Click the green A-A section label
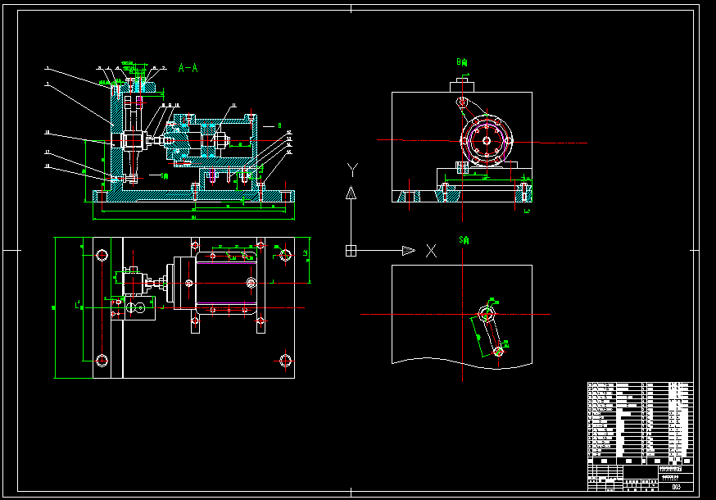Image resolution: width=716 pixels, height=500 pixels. [x=188, y=69]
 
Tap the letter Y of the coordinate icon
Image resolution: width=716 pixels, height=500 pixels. [x=352, y=170]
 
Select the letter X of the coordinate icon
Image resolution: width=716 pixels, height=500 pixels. [x=432, y=251]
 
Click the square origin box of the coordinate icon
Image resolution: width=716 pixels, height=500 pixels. [x=351, y=250]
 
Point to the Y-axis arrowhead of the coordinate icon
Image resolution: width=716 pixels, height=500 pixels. [x=351, y=193]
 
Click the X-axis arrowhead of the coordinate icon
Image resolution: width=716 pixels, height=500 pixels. [x=409, y=250]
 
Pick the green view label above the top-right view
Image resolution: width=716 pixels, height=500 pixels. [x=463, y=61]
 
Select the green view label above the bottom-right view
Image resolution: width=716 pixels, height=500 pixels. [x=464, y=240]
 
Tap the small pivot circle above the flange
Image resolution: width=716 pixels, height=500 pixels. [x=462, y=102]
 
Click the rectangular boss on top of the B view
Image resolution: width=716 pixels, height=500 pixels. [x=462, y=84]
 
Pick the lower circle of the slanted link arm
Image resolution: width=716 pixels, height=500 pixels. [x=499, y=350]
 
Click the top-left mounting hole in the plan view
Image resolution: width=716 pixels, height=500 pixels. [x=102, y=254]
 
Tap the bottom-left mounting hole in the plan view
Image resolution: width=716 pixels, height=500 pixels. [x=102, y=360]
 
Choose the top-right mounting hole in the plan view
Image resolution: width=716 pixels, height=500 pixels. [x=285, y=255]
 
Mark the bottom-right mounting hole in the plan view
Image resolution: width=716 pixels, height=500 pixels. [x=285, y=360]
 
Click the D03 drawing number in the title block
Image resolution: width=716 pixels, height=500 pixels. [x=676, y=487]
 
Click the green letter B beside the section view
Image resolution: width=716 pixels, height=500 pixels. [x=279, y=125]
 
